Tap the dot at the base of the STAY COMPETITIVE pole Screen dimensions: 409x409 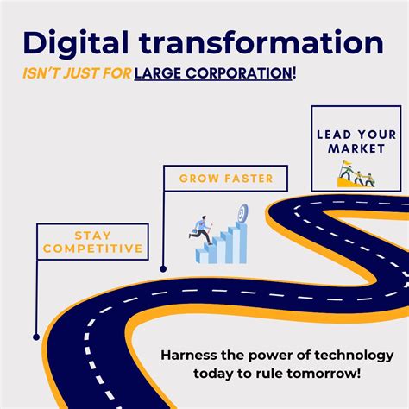pyautogui.click(x=35, y=337)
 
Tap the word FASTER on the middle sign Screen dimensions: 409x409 pyautogui.click(x=246, y=179)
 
